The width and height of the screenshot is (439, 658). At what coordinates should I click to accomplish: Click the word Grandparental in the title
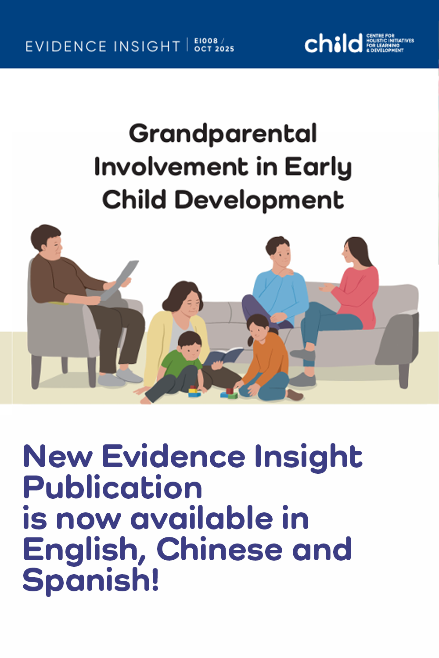[x=223, y=134]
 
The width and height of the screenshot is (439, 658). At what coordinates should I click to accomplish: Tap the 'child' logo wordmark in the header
[x=334, y=43]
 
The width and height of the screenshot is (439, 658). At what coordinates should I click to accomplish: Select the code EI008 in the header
[x=206, y=41]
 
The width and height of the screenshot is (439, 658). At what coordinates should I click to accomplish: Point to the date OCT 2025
[x=214, y=49]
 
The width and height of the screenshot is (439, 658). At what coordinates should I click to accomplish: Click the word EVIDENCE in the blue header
[x=66, y=46]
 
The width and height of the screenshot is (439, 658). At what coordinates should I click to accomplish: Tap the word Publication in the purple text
[x=112, y=488]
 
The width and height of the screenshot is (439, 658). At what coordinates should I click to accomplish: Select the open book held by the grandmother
[x=223, y=356]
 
